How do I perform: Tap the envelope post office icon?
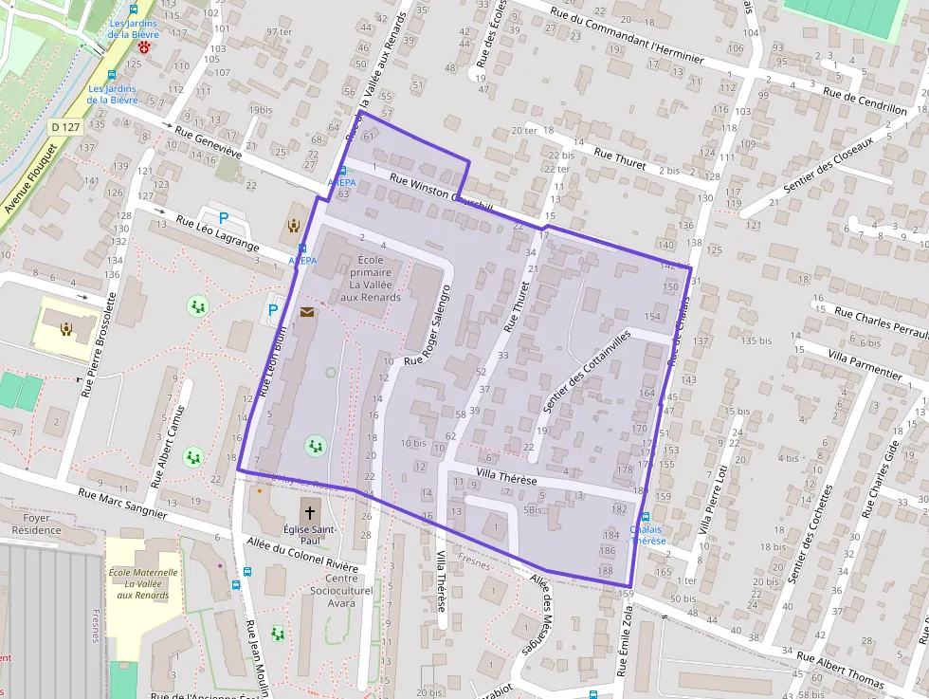tap(306, 311)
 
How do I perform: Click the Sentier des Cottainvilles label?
tap(585, 371)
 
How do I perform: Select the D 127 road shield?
tap(65, 126)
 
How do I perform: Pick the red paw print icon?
tap(144, 46)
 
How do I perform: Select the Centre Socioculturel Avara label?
tap(341, 590)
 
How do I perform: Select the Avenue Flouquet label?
tap(30, 178)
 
